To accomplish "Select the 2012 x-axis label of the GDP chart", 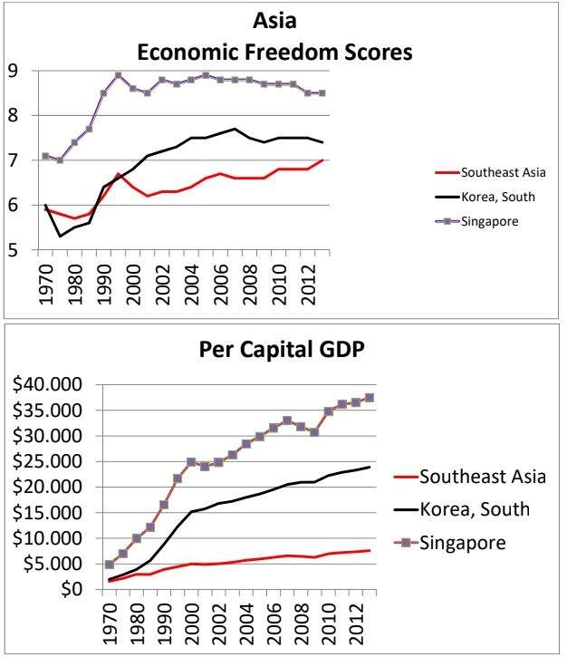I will coord(331,624).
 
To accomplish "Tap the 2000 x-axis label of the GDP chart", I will coord(189,624).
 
